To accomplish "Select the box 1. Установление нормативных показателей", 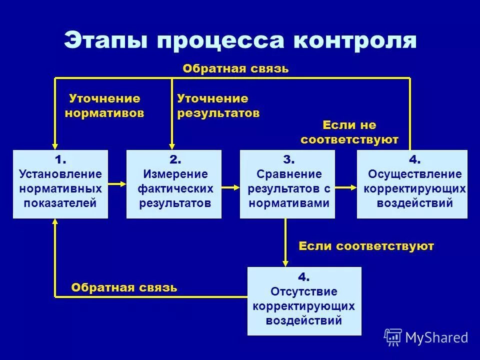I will [x=60, y=184].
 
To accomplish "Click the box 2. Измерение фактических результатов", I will [x=174, y=184].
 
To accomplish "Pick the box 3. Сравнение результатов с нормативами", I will [x=287, y=184].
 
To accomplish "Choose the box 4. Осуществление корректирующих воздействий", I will [x=412, y=184].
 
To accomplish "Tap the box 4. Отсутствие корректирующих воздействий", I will [x=304, y=301].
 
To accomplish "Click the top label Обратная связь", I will [x=235, y=68].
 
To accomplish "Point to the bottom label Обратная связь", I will [x=124, y=287].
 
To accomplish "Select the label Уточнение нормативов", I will [x=104, y=106].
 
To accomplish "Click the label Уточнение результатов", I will [x=218, y=106].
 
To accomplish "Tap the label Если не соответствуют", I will [x=349, y=132].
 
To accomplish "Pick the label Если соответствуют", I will [x=366, y=246].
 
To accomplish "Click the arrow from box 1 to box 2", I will [x=117, y=184].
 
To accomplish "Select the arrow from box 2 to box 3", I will [x=231, y=187].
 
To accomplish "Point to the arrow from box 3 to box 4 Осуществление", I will [x=346, y=187].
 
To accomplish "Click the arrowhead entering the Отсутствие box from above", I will [x=285, y=262].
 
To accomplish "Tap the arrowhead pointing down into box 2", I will [x=171, y=145].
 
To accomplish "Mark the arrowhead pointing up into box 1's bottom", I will [x=55, y=223].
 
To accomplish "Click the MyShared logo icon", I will [x=393, y=337].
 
